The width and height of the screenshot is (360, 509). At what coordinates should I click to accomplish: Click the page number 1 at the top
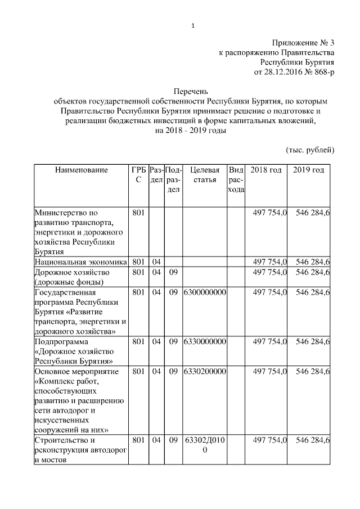point(193,25)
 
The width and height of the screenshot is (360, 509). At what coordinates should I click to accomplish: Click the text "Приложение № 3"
point(304,43)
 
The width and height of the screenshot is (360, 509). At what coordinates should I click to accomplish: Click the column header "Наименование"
point(81,170)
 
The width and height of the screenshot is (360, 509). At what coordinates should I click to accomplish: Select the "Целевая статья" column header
point(205,174)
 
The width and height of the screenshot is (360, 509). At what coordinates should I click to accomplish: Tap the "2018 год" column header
point(266,170)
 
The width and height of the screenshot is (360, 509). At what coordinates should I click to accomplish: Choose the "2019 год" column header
point(309,170)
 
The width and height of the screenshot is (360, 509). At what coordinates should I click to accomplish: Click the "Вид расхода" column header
point(236,179)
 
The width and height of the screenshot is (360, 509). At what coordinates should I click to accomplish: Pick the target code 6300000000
point(205,292)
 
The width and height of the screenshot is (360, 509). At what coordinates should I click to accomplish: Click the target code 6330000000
point(205,341)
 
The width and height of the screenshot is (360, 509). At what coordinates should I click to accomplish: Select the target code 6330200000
point(205,371)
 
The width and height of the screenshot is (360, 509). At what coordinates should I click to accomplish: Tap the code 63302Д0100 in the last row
point(205,445)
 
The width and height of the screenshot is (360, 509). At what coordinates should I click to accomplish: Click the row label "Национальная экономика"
point(81,262)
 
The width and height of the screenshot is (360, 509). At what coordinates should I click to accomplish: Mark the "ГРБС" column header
point(138,174)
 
